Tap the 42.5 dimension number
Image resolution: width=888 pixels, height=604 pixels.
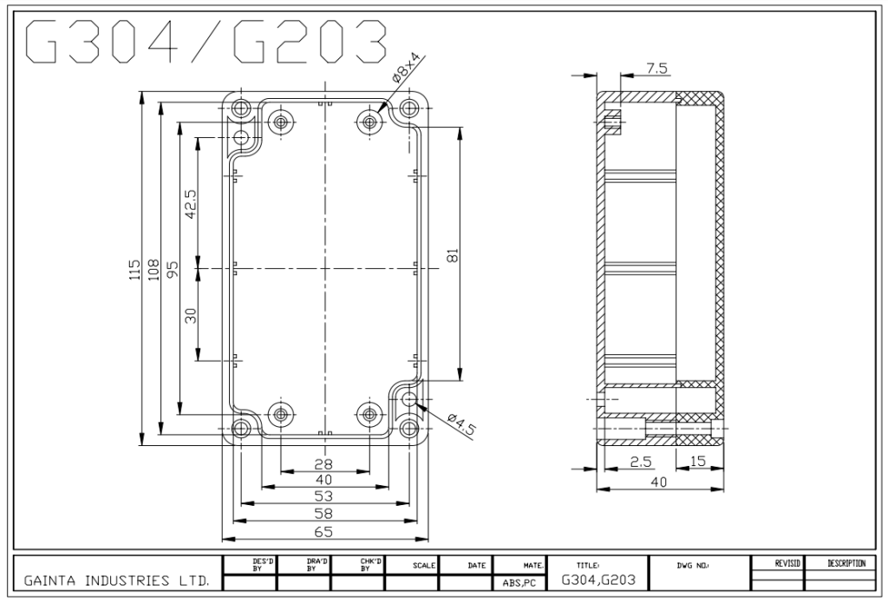click(x=191, y=205)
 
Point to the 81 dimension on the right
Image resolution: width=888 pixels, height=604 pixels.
click(x=453, y=255)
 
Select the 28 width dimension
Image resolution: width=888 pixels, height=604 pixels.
click(x=323, y=464)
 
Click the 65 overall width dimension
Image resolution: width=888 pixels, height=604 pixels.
click(x=323, y=531)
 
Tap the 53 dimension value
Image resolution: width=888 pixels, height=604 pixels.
click(x=323, y=496)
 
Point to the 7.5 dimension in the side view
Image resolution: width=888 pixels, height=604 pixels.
click(x=657, y=68)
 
